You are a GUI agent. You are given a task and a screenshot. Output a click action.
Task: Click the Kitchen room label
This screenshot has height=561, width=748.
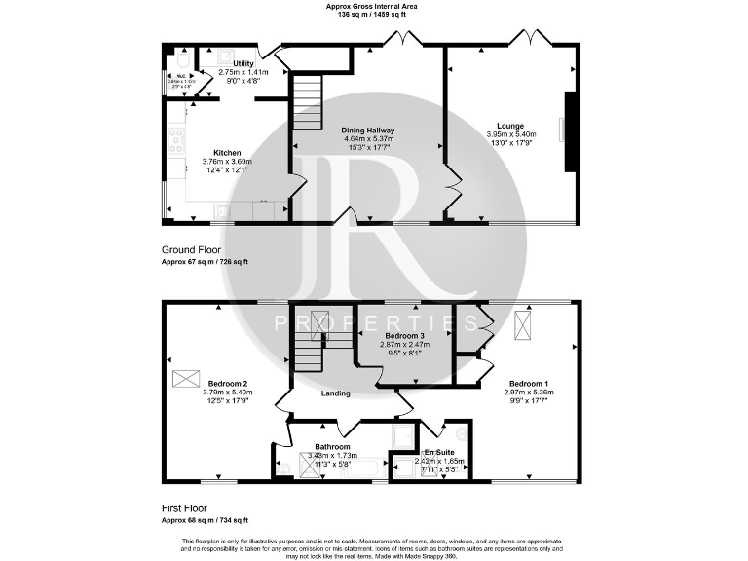(x=227, y=152)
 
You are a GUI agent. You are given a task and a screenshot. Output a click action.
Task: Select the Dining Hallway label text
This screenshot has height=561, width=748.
(x=366, y=130)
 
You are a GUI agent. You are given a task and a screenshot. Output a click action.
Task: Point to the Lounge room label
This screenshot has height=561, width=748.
(x=510, y=126)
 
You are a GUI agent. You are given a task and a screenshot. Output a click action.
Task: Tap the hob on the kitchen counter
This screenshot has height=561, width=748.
(x=176, y=141)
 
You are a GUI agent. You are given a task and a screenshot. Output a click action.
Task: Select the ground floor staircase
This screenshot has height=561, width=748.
(x=307, y=98)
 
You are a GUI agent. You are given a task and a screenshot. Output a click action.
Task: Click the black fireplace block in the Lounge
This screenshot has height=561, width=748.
(x=570, y=132)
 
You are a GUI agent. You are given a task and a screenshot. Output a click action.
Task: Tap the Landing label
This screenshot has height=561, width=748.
(x=336, y=393)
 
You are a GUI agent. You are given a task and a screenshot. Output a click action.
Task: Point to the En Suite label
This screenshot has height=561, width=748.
(x=438, y=452)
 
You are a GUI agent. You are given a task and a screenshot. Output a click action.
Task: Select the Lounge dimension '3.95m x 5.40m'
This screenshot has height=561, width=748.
(x=510, y=134)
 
